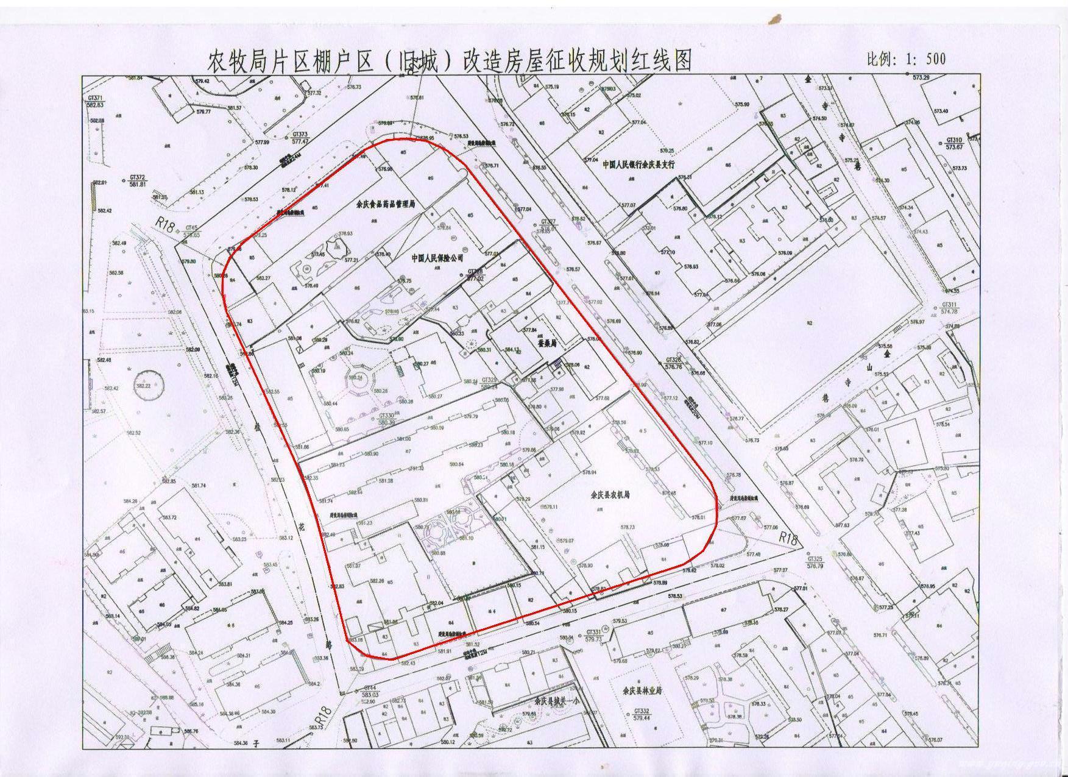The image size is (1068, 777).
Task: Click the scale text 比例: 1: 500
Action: pos(906,59)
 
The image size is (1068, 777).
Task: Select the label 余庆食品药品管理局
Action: pos(385,206)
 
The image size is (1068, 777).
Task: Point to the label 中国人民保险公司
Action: pos(437,258)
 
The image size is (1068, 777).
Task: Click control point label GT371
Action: pos(96,98)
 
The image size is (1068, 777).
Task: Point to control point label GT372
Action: pos(138,177)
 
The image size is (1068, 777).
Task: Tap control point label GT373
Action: pos(300,134)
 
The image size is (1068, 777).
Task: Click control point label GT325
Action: pos(815,559)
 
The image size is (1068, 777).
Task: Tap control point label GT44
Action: pos(370,687)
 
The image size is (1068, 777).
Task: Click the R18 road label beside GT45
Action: pos(164,224)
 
